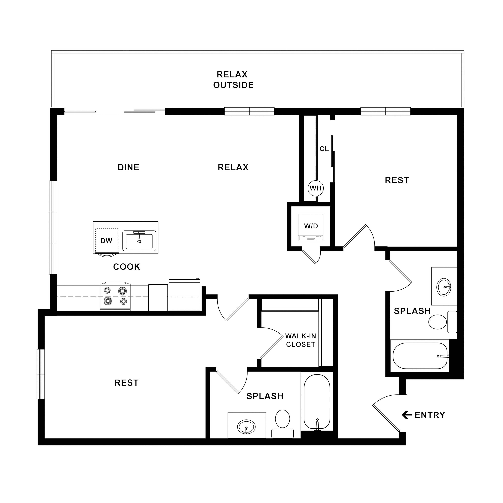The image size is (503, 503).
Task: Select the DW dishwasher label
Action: (x=106, y=241)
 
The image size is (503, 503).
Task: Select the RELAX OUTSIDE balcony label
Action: (x=233, y=80)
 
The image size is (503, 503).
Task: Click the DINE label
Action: (x=128, y=167)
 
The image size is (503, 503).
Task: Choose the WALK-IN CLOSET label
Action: (x=300, y=340)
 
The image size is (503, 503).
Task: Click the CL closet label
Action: (x=324, y=149)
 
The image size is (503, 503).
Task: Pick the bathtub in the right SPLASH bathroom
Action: (x=420, y=356)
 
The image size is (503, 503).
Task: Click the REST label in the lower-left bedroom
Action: (x=127, y=383)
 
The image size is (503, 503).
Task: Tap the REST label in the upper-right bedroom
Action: (x=397, y=180)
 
